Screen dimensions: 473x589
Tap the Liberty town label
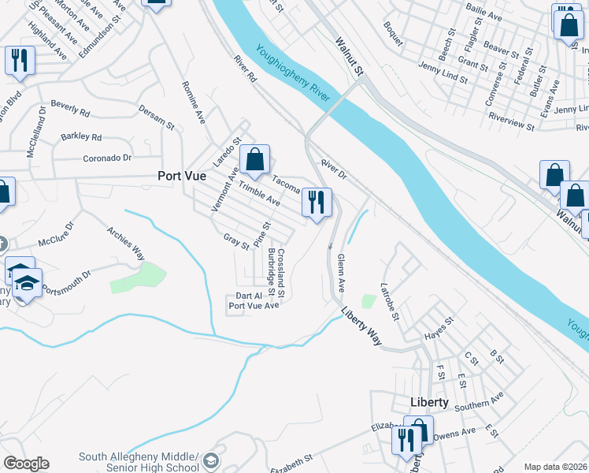click(x=430, y=402)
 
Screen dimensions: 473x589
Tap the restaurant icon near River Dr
click(x=317, y=204)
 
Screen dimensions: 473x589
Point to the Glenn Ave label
click(x=342, y=274)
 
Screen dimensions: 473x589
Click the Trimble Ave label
click(x=260, y=195)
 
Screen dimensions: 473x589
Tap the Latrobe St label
click(x=391, y=300)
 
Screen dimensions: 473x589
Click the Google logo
click(x=26, y=464)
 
